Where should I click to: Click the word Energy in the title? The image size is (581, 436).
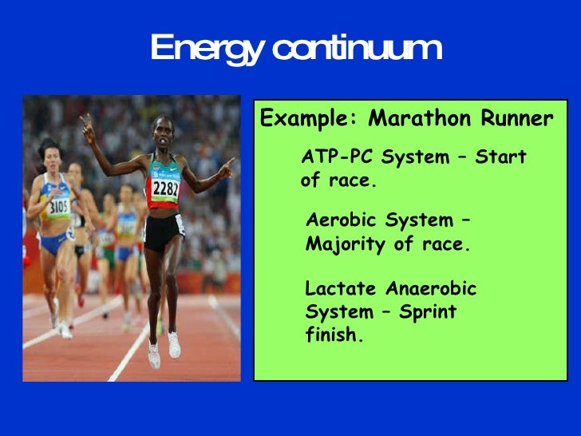[204, 50]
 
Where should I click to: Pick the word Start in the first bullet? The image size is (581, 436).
[500, 157]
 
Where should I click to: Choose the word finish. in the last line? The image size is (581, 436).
[334, 335]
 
